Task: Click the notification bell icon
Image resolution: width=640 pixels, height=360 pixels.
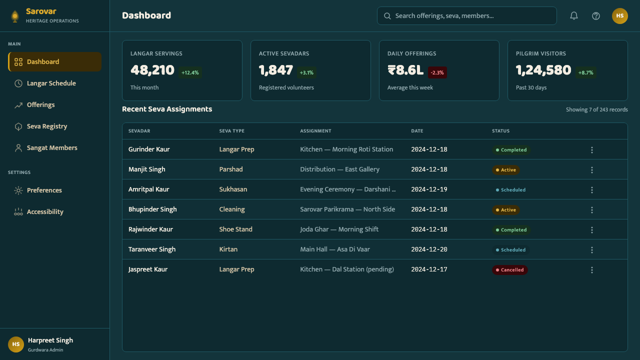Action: tap(573, 15)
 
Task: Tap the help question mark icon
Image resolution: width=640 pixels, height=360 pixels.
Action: tap(595, 15)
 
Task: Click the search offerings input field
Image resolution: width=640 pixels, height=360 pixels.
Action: tap(466, 15)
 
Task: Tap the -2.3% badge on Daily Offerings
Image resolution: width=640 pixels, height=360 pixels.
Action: tap(437, 72)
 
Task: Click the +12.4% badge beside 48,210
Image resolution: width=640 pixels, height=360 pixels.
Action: tap(190, 72)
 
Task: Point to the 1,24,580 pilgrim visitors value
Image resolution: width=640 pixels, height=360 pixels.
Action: tap(543, 70)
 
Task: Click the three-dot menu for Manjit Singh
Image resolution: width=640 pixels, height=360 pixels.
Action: tap(591, 170)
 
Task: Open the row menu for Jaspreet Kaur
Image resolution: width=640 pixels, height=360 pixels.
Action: tap(591, 270)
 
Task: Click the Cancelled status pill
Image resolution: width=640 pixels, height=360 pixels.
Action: tap(509, 270)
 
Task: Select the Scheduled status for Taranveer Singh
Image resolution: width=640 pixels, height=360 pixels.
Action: tap(510, 250)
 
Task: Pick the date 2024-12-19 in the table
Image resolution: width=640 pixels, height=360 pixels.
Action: tap(429, 189)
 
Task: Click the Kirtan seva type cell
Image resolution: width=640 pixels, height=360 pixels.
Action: tap(228, 249)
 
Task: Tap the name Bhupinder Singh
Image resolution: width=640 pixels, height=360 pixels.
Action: tap(152, 209)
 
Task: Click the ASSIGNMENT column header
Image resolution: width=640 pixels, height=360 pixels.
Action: tap(315, 131)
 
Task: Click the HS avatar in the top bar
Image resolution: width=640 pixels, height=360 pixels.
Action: tap(619, 15)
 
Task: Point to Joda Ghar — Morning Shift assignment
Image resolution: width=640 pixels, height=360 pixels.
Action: tap(339, 229)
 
